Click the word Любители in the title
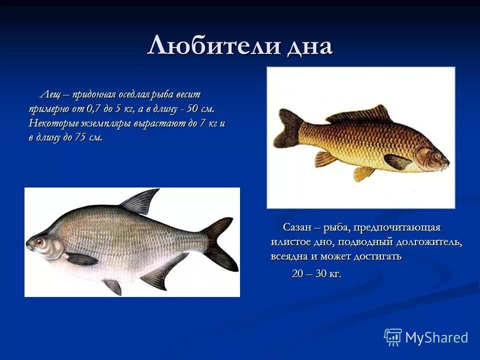[213, 46]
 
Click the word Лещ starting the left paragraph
[50, 94]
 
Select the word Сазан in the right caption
[297, 227]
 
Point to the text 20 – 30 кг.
[316, 273]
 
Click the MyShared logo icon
[392, 337]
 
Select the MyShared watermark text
[436, 337]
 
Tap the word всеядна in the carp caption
[288, 256]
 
